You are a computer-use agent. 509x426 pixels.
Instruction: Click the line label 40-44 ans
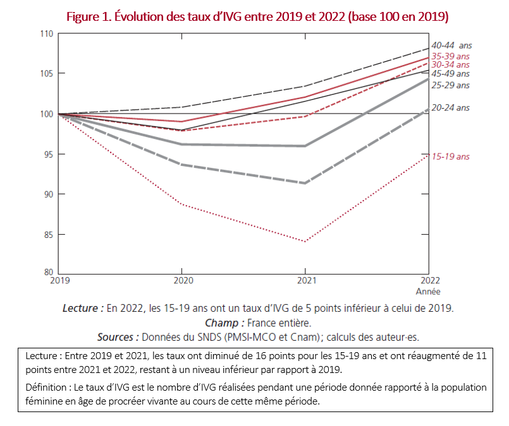tap(451, 45)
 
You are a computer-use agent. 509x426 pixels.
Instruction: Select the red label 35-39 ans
tap(451, 56)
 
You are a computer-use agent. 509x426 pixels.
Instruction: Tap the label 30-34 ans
tap(451, 65)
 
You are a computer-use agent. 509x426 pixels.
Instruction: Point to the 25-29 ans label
tap(451, 85)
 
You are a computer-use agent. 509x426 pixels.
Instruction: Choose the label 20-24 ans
tap(451, 108)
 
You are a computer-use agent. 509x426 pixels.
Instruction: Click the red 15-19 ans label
tap(451, 157)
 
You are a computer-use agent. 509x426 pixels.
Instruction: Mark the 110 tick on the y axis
tap(47, 33)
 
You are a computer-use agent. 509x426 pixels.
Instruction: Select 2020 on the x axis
tap(183, 281)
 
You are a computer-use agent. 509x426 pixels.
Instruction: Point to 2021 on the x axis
tap(305, 281)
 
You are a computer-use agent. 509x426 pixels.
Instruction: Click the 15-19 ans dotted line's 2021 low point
tap(305, 242)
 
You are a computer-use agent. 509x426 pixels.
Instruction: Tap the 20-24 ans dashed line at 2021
tap(305, 183)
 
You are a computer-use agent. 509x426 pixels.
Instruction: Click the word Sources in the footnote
tap(118, 337)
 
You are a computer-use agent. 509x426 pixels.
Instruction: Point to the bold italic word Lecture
tap(83, 308)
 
